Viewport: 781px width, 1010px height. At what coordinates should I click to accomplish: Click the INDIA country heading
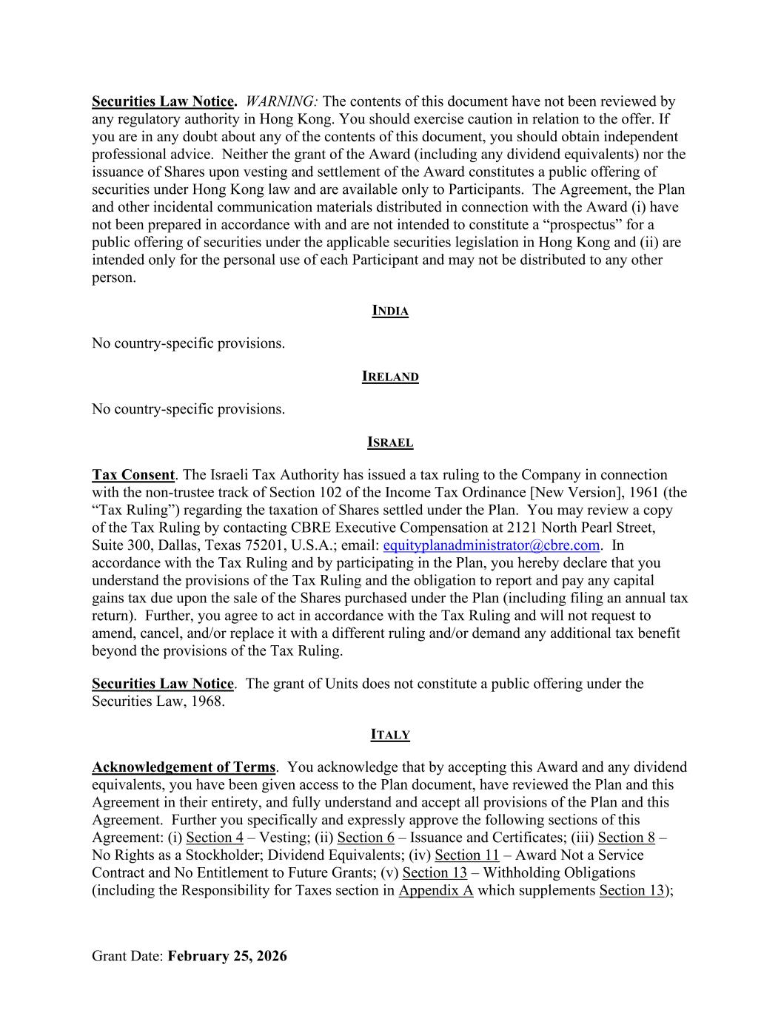point(390,311)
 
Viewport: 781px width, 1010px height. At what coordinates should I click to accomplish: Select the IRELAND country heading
point(390,377)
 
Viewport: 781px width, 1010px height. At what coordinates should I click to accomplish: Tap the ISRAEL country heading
point(390,442)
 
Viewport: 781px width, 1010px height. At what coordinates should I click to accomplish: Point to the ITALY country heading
point(390,735)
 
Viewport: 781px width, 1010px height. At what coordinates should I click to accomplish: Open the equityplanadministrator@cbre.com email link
point(491,545)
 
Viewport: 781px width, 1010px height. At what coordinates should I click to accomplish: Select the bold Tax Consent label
point(133,475)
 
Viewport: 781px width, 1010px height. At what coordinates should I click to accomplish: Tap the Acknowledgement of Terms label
point(184,767)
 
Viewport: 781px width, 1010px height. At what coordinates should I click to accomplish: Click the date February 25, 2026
point(227,956)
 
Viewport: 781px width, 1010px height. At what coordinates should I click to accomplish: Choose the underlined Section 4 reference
point(215,838)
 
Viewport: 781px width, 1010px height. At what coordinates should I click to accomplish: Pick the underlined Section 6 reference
point(366,838)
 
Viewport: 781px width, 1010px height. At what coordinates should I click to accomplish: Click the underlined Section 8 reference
point(626,838)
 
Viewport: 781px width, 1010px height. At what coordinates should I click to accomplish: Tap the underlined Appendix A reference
point(435,891)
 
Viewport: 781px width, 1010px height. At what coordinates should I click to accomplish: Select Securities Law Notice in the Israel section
point(163,684)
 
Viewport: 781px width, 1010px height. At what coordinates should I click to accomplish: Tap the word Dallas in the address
point(176,545)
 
